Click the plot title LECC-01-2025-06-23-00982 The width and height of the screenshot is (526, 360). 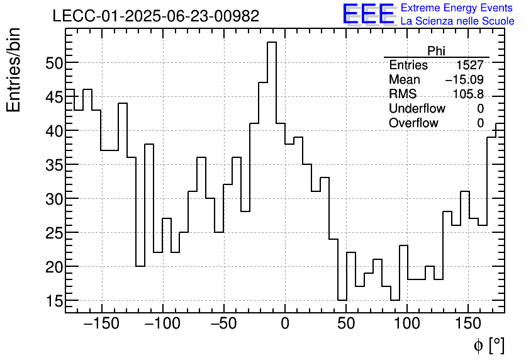[155, 16]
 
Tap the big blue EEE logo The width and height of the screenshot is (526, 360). [368, 14]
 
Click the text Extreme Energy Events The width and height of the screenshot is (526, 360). [457, 8]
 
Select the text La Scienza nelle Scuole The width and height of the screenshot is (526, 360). [457, 21]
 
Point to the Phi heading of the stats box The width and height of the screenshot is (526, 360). [436, 51]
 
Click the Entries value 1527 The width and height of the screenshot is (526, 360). [470, 65]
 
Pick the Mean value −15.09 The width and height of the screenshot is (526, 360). [464, 80]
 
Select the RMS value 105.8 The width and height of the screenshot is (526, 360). [468, 94]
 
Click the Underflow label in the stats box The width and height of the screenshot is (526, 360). [417, 109]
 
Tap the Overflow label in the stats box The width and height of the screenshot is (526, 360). [413, 123]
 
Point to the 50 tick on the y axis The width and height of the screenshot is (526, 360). [53, 63]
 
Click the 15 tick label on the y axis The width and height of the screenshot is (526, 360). [53, 301]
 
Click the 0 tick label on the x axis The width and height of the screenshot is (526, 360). [285, 324]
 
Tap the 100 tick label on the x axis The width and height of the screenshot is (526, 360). [407, 324]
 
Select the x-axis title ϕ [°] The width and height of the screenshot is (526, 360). [488, 345]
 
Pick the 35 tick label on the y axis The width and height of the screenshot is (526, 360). [53, 165]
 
